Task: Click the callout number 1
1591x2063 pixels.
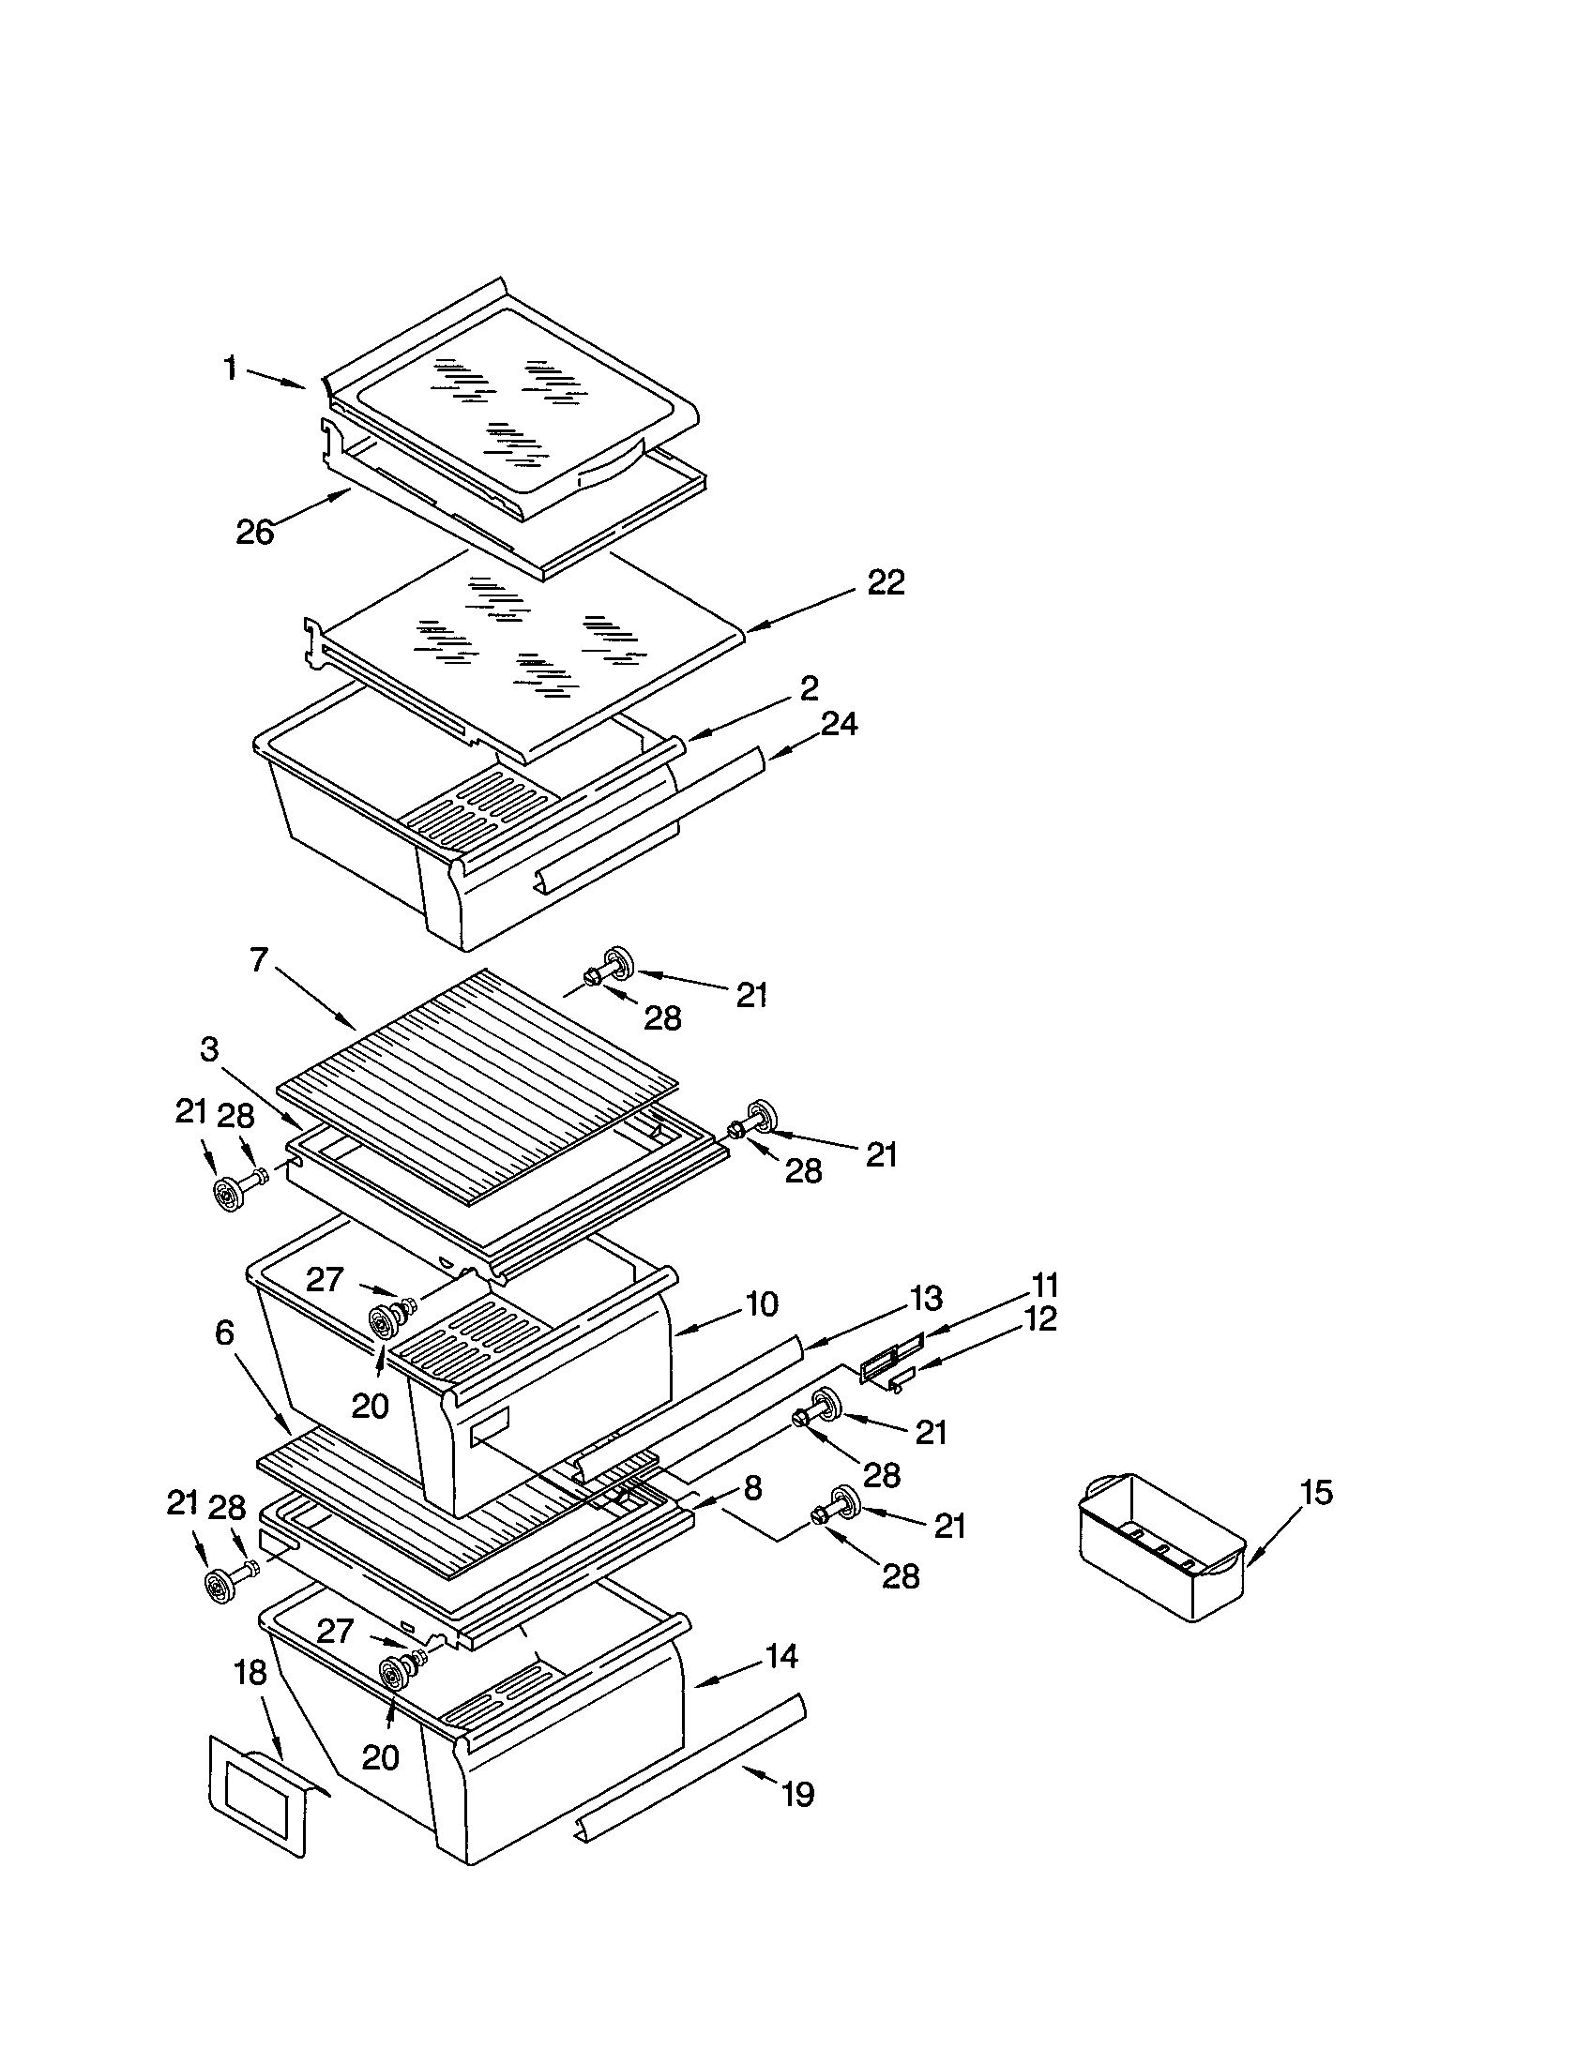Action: [230, 369]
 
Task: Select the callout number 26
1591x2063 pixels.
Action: [254, 532]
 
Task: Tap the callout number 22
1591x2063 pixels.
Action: [886, 583]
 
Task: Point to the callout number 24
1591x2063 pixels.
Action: [838, 724]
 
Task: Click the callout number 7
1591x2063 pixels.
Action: [260, 961]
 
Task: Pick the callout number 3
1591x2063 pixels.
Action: [209, 1048]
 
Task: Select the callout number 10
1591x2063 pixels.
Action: [761, 1304]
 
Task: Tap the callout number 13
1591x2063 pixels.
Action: [926, 1299]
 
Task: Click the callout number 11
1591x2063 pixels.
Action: [1044, 1286]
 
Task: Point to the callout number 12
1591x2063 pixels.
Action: [1039, 1318]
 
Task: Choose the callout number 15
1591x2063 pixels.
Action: [1316, 1493]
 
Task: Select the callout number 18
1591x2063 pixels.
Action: [250, 1673]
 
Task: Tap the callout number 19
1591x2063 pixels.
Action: [798, 1794]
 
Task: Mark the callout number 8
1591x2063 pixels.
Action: [752, 1489]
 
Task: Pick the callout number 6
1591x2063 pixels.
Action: [224, 1333]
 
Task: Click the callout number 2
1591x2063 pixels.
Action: [809, 688]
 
